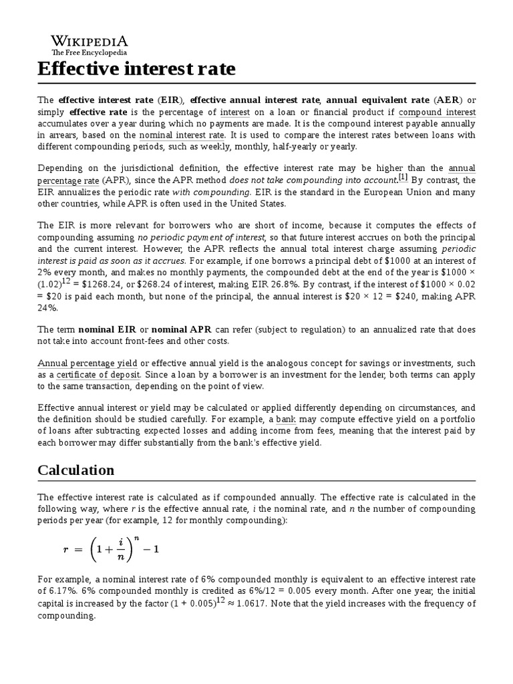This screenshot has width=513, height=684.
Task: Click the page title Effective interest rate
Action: [x=136, y=69]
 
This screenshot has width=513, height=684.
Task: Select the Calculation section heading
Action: [x=75, y=470]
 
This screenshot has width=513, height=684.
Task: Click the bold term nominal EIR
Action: [x=110, y=329]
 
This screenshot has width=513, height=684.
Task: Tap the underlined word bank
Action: [x=286, y=419]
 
